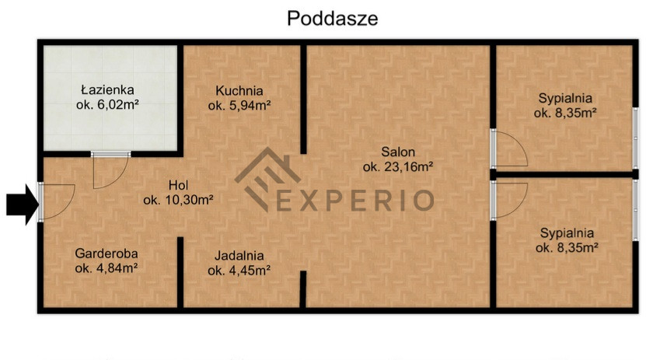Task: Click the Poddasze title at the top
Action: [333, 19]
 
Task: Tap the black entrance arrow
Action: [22, 204]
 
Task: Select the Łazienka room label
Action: [107, 89]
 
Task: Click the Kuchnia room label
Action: [239, 91]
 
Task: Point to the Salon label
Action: [398, 152]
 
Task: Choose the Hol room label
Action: [178, 185]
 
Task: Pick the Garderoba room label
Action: [107, 253]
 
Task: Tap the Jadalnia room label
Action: [239, 256]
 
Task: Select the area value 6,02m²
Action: [118, 105]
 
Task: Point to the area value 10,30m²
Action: [187, 200]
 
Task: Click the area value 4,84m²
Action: [116, 268]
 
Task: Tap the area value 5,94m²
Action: [250, 106]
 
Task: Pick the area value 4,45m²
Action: [250, 271]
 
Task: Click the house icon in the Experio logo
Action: [267, 179]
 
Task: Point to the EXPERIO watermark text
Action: [355, 201]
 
